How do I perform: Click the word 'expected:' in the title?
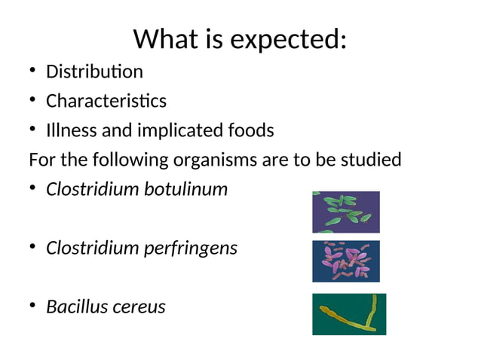(289, 39)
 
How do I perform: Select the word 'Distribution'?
(94, 72)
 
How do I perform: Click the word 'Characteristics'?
(106, 101)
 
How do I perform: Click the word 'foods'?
(253, 131)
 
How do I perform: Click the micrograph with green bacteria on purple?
(346, 212)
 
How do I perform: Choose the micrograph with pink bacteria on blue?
(346, 261)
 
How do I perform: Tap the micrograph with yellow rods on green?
(349, 314)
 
